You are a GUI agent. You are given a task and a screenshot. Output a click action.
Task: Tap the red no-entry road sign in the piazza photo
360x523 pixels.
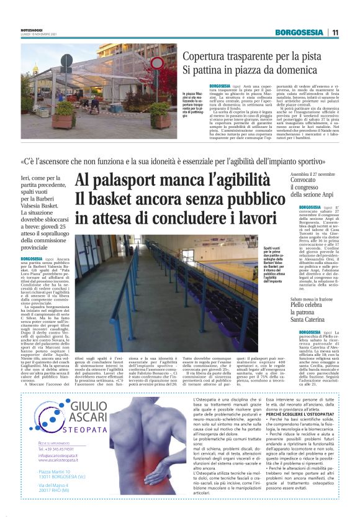tap(158, 63)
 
